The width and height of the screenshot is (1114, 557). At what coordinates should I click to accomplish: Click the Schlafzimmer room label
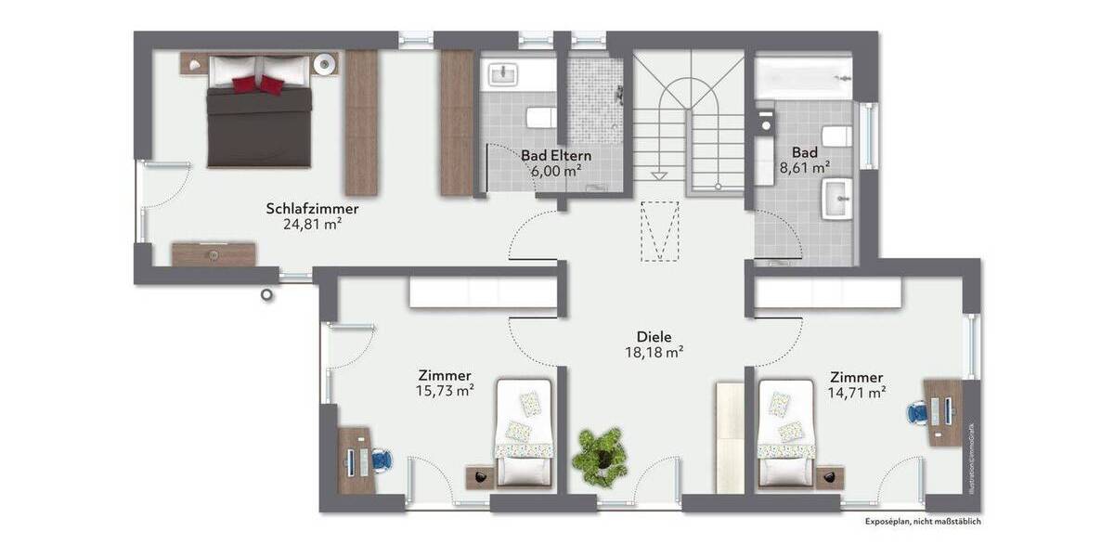click(312, 208)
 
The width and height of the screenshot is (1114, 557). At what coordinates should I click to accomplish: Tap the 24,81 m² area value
click(312, 224)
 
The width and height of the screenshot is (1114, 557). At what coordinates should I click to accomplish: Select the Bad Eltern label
click(556, 155)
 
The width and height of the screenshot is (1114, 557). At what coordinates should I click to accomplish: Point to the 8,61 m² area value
click(805, 168)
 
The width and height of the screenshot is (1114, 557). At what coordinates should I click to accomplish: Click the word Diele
click(654, 337)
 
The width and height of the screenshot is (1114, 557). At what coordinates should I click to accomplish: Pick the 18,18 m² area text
click(654, 353)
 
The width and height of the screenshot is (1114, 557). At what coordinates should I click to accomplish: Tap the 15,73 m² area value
click(446, 391)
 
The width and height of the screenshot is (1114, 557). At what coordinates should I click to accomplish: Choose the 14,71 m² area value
click(856, 393)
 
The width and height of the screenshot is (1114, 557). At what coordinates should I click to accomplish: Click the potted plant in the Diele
click(600, 454)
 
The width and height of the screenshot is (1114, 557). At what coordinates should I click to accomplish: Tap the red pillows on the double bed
click(258, 84)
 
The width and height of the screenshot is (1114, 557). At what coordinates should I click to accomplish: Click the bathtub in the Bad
click(804, 77)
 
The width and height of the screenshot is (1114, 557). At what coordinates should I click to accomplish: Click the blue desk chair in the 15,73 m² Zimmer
click(382, 460)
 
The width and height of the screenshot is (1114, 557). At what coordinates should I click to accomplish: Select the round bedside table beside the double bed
click(324, 64)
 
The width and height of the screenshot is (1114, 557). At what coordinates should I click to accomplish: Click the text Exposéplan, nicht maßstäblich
click(922, 522)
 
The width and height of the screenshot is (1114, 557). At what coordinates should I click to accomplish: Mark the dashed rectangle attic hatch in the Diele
click(660, 231)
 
